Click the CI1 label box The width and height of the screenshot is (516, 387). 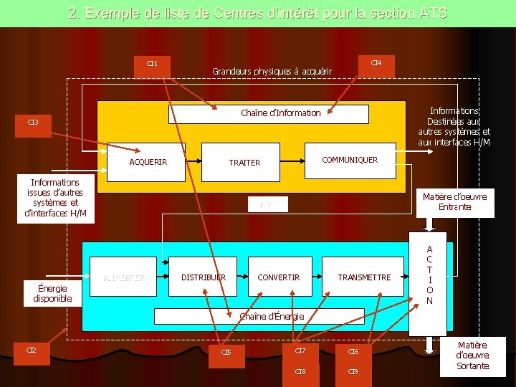pyautogui.click(x=152, y=64)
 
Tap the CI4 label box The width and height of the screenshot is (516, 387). pyautogui.click(x=376, y=64)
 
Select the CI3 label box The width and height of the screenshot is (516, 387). pyautogui.click(x=34, y=122)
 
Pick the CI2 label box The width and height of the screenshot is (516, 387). pyautogui.click(x=32, y=350)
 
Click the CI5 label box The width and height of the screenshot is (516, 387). pyautogui.click(x=226, y=352)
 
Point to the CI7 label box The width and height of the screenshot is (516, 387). pyautogui.click(x=300, y=350)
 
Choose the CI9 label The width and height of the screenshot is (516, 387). pyautogui.click(x=353, y=372)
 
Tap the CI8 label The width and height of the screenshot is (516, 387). pyautogui.click(x=300, y=372)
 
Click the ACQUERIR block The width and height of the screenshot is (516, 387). pyautogui.click(x=148, y=161)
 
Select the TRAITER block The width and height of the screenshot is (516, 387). pyautogui.click(x=244, y=163)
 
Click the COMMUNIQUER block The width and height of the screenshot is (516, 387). pyautogui.click(x=350, y=160)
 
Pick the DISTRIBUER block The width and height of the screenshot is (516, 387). pyautogui.click(x=204, y=277)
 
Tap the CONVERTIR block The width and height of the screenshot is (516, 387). pyautogui.click(x=279, y=277)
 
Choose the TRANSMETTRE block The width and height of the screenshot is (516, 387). pyautogui.click(x=364, y=277)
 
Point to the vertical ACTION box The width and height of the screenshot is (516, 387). pyautogui.click(x=429, y=276)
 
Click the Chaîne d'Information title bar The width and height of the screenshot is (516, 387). pyautogui.click(x=269, y=113)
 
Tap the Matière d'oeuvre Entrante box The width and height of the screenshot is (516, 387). pyautogui.click(x=454, y=201)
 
